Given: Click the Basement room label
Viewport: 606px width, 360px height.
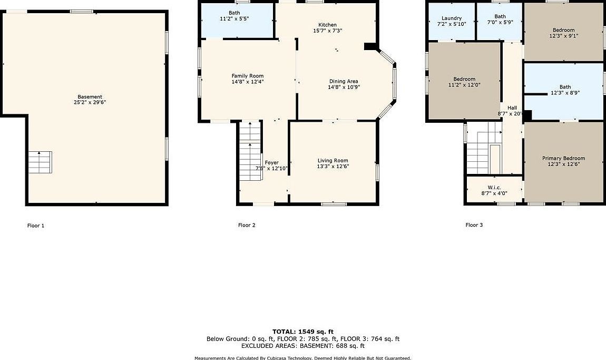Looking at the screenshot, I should pos(90,97).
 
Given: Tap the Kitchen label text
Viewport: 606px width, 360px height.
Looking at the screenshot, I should pos(327,25).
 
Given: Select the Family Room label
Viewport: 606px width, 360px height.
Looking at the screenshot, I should pos(247,76).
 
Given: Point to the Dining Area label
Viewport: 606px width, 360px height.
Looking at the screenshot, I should pos(344,81).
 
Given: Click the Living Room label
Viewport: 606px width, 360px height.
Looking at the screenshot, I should pos(333,161).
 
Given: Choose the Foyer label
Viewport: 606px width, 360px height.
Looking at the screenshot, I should pos(271,162).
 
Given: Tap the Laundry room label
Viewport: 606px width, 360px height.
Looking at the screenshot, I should pos(451,18).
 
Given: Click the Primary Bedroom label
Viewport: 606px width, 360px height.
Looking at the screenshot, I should pos(563,158).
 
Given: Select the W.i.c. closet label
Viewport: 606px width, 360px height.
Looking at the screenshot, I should pos(494,187).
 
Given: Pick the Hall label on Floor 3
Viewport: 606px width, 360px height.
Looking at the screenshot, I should pos(512,108).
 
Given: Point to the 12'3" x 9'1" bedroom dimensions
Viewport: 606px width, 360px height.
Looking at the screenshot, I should pos(563,36).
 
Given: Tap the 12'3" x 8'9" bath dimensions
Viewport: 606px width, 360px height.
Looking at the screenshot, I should pos(564,93).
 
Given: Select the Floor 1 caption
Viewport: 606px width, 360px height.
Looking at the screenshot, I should pos(36,226).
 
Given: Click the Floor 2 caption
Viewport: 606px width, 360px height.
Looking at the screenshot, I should pos(247,225).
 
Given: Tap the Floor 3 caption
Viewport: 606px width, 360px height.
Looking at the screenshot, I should pos(474,225).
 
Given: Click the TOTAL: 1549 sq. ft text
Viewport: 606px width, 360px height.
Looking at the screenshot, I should pos(303,332).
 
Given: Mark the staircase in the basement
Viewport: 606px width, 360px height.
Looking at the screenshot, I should pos(40,162).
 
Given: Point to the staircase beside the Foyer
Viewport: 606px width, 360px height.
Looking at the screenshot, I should pos(251,150).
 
